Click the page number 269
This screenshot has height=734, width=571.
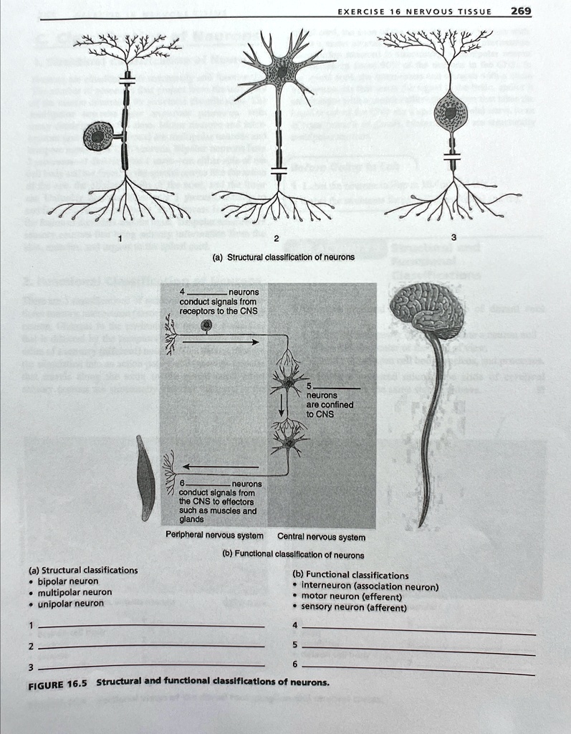tap(521, 10)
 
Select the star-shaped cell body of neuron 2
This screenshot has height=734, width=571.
tap(284, 72)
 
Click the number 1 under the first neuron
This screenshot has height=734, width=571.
tap(120, 238)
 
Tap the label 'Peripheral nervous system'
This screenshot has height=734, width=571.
tap(214, 535)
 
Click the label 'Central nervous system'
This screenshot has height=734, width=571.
tap(321, 536)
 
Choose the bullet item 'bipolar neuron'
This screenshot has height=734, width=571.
tap(68, 581)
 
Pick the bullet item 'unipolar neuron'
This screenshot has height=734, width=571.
tap(70, 604)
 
